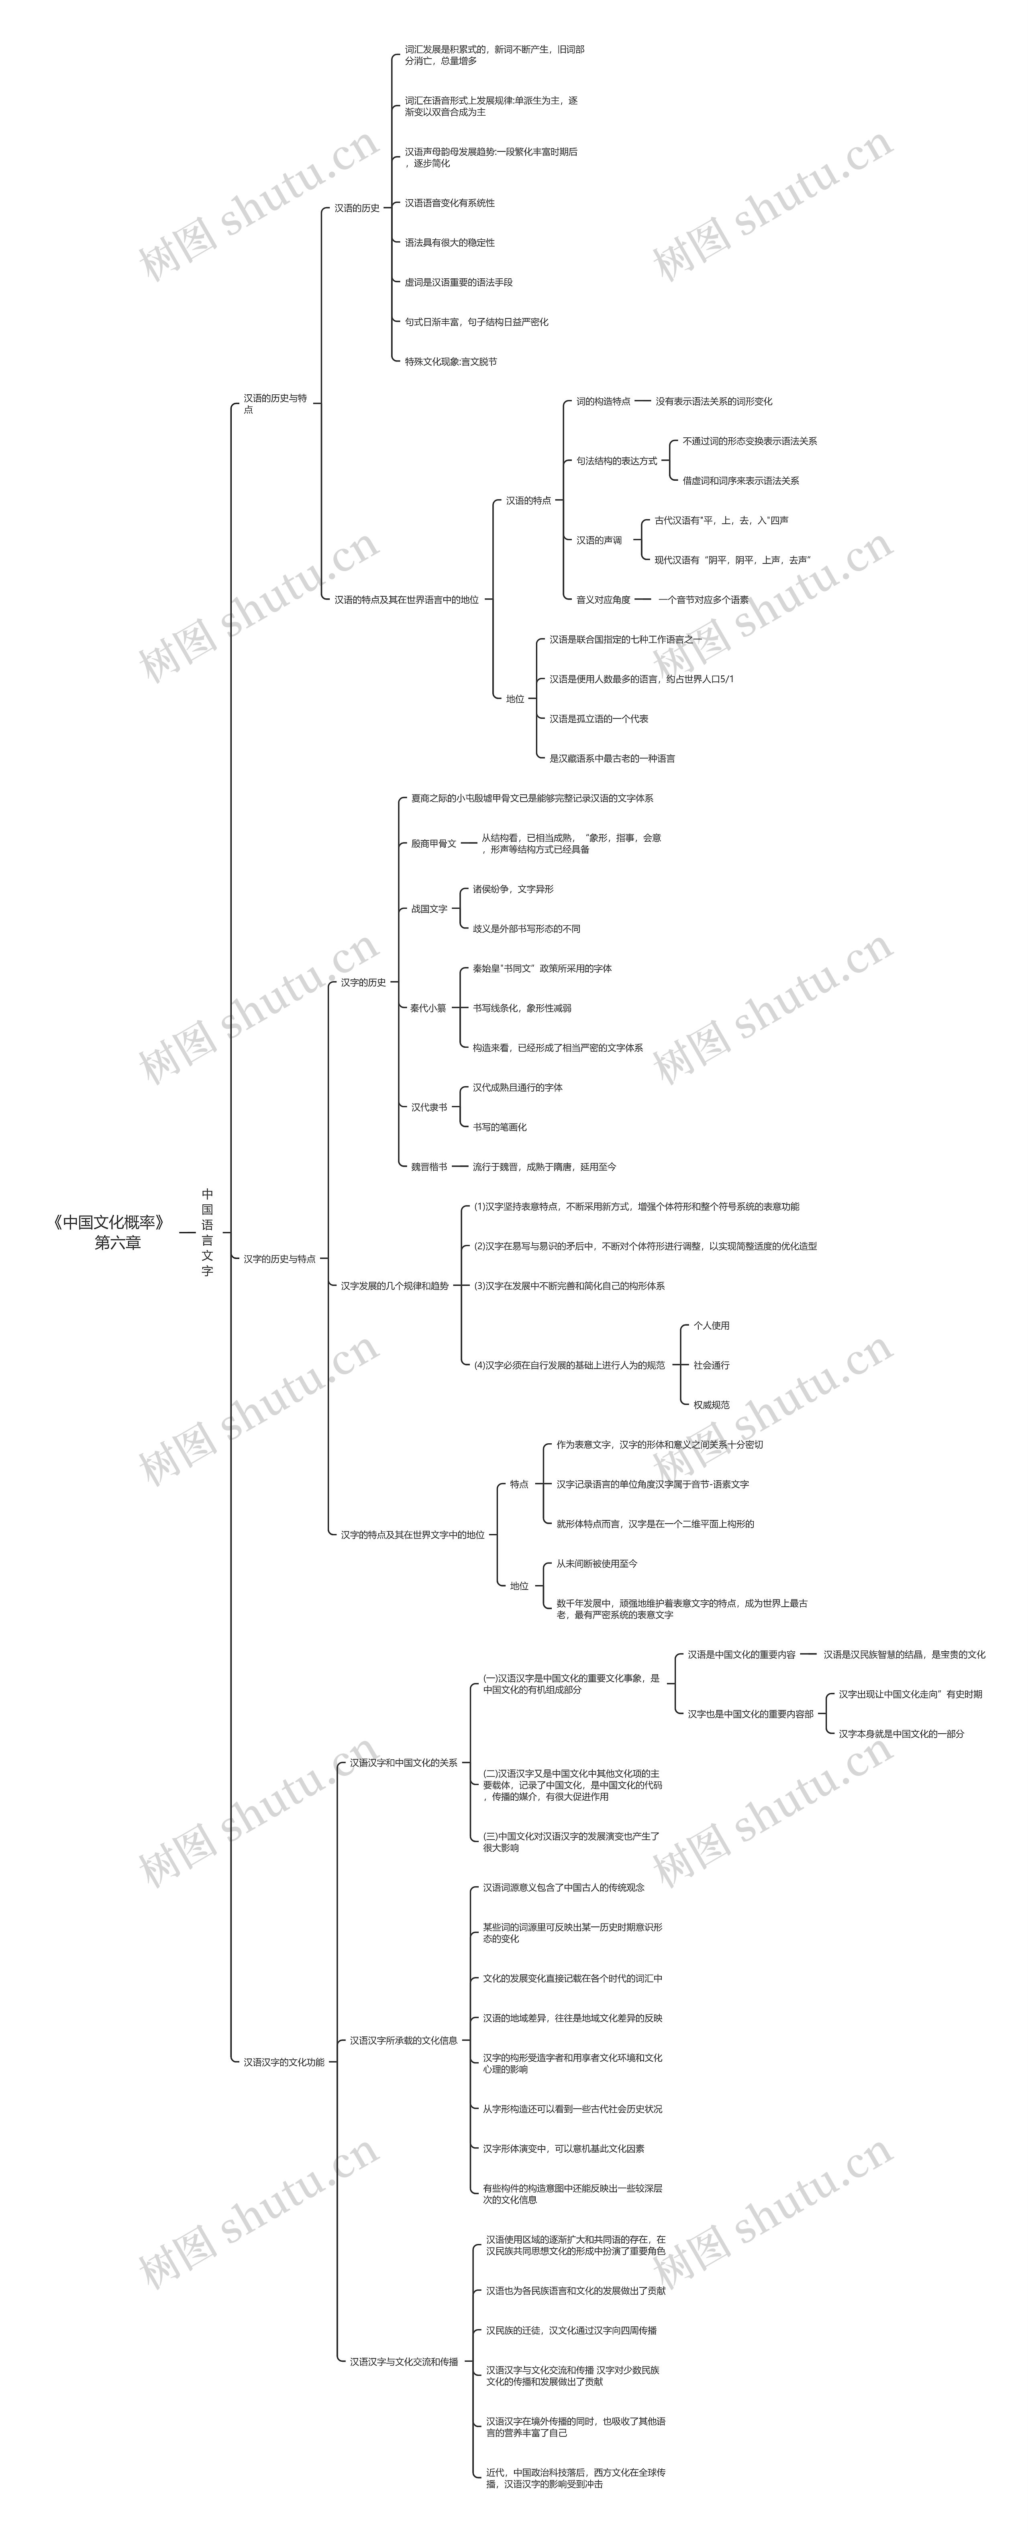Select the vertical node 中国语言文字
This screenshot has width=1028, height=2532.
tap(207, 1232)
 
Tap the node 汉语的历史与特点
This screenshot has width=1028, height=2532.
tap(275, 403)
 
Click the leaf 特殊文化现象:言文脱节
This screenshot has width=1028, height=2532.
tap(450, 362)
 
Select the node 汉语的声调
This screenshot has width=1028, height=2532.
tap(598, 540)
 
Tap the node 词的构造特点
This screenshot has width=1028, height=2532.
tap(602, 401)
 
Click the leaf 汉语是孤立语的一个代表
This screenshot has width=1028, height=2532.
tap(598, 718)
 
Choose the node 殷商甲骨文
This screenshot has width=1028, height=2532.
tap(433, 843)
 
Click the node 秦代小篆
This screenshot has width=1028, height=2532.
tap(428, 1008)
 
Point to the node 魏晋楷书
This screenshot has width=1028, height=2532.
tap(428, 1167)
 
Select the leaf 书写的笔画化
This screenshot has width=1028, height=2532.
tap(499, 1126)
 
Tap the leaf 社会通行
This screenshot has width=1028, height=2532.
tap(710, 1365)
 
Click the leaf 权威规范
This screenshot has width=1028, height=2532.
tap(710, 1405)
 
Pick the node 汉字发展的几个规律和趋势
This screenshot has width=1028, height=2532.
tap(394, 1285)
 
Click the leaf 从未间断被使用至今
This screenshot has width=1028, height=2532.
tap(597, 1563)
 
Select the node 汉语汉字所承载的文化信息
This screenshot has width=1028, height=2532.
tap(403, 2040)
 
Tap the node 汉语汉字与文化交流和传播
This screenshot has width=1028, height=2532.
tap(403, 2361)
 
